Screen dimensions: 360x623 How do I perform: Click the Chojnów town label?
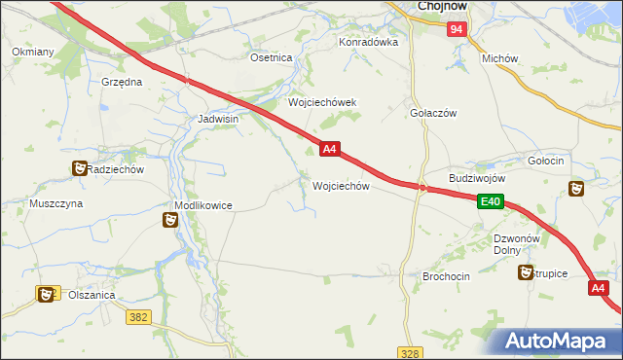444,6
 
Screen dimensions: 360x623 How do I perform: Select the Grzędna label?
122,83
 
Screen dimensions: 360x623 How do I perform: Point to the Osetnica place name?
272,58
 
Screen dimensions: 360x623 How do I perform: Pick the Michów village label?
499,58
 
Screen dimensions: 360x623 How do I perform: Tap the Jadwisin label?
218,119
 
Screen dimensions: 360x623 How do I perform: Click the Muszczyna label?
55,204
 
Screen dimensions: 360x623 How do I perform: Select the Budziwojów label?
477,179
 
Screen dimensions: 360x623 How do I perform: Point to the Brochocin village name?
446,276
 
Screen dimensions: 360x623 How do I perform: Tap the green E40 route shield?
490,201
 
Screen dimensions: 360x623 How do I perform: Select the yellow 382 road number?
138,316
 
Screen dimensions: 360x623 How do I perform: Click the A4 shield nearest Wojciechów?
329,149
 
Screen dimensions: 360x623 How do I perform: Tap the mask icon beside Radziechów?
78,169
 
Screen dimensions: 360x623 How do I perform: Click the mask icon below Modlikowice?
170,221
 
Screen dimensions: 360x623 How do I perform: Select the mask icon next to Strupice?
527,273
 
